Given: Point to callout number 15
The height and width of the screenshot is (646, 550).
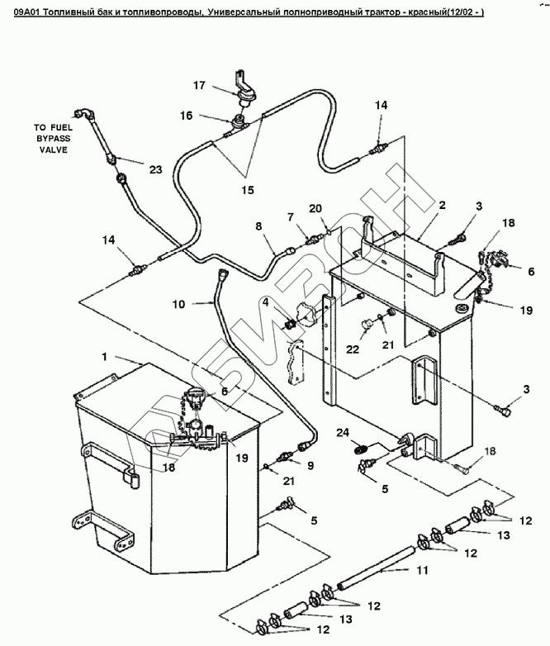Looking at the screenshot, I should point(247,190).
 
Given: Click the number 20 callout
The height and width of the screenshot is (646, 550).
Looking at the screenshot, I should point(315,207).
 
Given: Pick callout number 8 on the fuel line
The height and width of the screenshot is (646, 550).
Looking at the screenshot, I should point(258,225).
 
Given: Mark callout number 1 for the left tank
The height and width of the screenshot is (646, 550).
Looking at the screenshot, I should point(104,357).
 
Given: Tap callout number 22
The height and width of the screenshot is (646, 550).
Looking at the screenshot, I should point(353,349).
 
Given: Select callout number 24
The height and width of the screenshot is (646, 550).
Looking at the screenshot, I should point(343,432).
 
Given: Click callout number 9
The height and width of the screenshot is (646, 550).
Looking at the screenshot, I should point(311,466).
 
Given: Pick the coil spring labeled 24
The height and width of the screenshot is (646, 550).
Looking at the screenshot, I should point(359,449).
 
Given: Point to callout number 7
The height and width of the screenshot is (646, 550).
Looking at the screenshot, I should point(291,216).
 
